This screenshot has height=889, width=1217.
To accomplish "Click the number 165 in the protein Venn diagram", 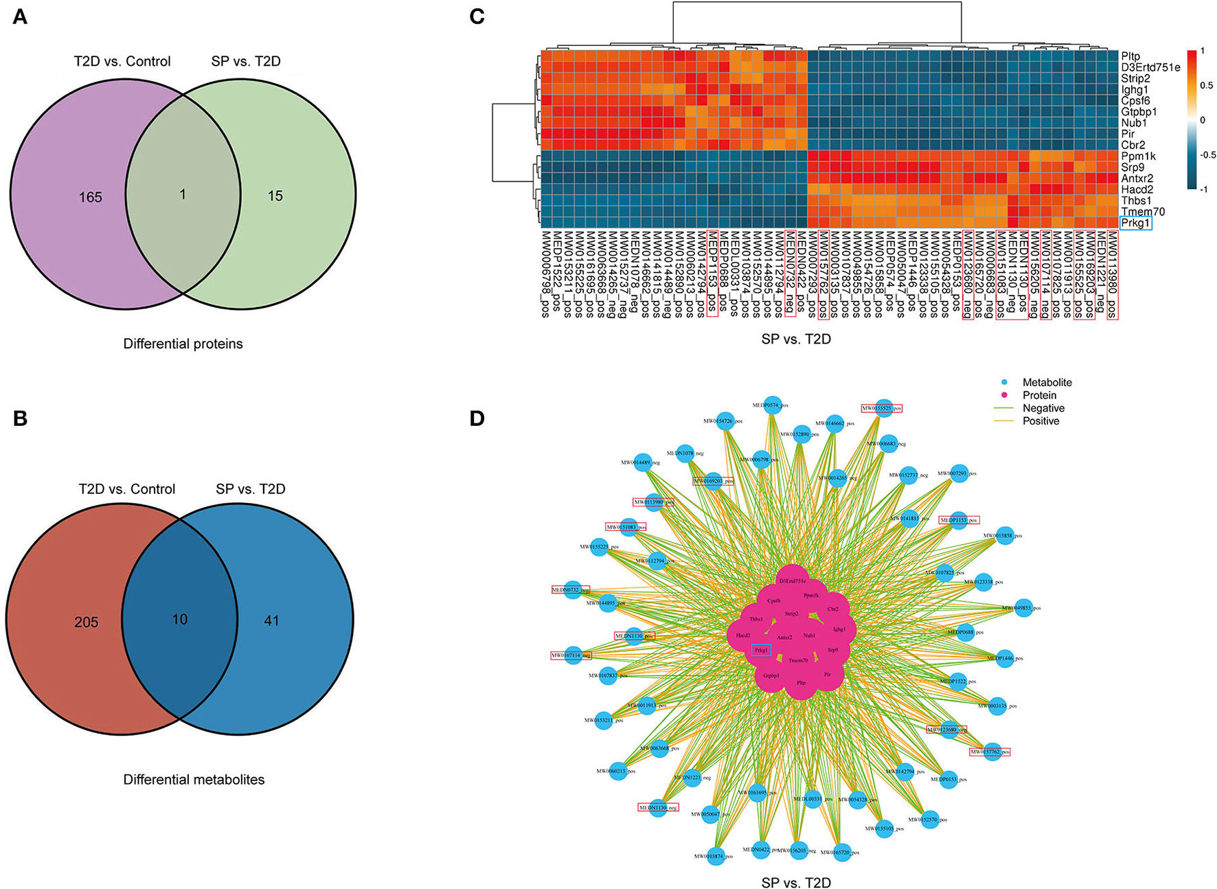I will tap(90, 197).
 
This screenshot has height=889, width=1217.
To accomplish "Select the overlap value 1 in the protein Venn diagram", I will tap(182, 194).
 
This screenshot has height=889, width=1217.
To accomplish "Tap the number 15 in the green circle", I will tap(275, 196).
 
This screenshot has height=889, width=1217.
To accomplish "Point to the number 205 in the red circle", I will tap(87, 622).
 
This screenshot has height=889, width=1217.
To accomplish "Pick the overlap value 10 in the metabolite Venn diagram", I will tap(179, 619).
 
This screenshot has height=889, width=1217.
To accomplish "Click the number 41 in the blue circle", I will tap(271, 620).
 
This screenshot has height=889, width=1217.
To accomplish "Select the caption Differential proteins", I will tap(183, 344).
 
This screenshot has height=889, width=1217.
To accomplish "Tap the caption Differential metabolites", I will tap(194, 779).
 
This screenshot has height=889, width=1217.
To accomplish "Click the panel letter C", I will tap(477, 16).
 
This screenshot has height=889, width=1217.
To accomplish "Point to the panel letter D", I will tap(477, 418).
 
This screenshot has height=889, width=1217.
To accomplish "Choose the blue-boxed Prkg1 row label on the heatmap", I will tap(1135, 223).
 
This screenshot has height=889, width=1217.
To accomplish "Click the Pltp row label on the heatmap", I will tap(1130, 56).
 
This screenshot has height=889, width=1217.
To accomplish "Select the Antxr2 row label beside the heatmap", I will tap(1137, 179).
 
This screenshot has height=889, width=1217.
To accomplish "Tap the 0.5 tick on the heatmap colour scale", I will tap(1207, 86).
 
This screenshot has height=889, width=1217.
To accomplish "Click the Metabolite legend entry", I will tap(1047, 383).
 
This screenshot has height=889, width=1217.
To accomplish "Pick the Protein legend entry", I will tap(1039, 396).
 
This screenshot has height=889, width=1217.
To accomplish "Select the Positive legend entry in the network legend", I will tap(1040, 421).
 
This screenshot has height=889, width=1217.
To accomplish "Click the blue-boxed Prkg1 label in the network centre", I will tap(761, 650).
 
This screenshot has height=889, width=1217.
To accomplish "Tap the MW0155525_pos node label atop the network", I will tap(882, 409).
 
